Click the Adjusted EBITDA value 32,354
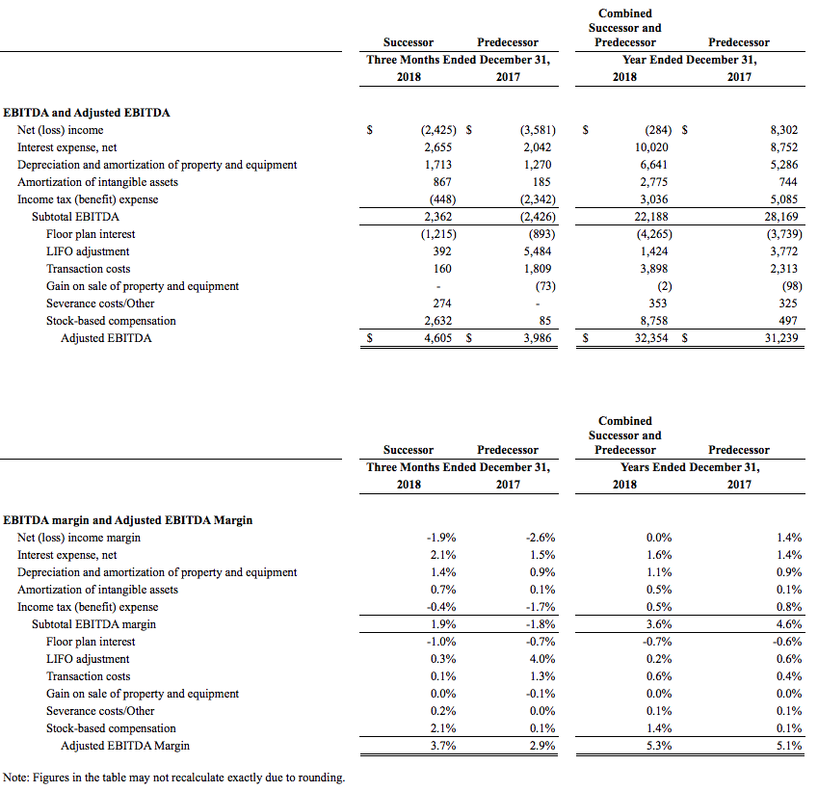[x=651, y=338]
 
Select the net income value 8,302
[x=784, y=130]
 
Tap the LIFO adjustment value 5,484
[x=538, y=251]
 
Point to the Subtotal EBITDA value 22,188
[x=651, y=217]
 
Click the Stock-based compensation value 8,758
[x=654, y=321]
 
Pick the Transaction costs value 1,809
[x=538, y=269]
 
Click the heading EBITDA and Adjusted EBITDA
[x=87, y=113]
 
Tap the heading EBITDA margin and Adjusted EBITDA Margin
[x=128, y=520]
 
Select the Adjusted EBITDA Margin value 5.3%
[x=659, y=746]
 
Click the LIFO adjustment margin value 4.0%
[x=542, y=659]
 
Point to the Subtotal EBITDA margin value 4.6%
[x=789, y=624]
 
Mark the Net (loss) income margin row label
[x=79, y=538]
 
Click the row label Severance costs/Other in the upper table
[x=100, y=303]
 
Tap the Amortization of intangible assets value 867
[x=442, y=182]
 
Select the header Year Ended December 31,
[x=689, y=60]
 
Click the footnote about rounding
[x=173, y=778]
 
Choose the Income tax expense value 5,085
[x=784, y=199]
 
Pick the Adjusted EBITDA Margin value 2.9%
[x=542, y=746]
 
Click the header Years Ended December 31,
[x=690, y=467]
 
